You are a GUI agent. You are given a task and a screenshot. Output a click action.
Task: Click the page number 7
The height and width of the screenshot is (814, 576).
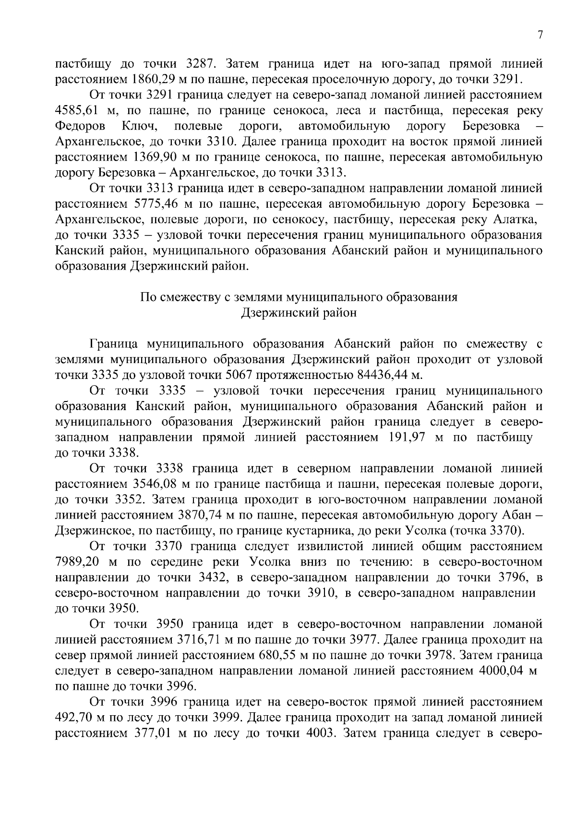click(540, 35)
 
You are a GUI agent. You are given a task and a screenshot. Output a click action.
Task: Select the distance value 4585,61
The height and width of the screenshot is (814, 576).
click(77, 111)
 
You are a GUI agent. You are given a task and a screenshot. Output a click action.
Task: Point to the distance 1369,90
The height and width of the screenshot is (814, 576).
click(153, 157)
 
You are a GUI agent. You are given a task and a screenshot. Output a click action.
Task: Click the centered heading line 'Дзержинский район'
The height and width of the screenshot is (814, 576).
click(298, 313)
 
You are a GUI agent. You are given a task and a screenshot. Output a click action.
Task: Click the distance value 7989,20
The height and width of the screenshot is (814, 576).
click(77, 562)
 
